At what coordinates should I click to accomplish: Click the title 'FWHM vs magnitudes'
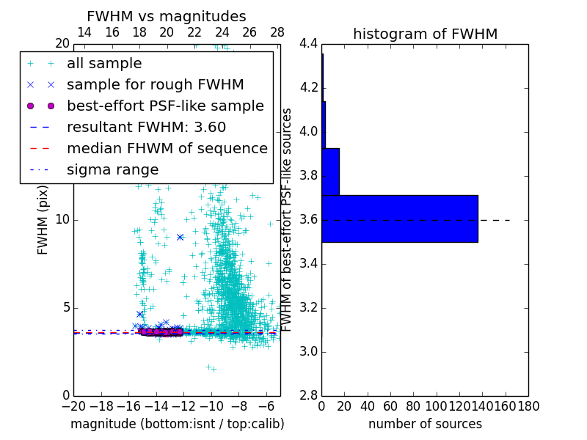pyautogui.click(x=166, y=16)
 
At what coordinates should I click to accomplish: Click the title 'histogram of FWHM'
pyautogui.click(x=425, y=34)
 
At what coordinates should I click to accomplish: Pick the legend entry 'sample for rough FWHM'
pyautogui.click(x=155, y=85)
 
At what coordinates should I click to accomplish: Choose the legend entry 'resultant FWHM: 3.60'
pyautogui.click(x=146, y=128)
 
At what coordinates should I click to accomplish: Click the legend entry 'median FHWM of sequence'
pyautogui.click(x=167, y=149)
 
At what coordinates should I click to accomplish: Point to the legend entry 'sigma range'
pyautogui.click(x=112, y=170)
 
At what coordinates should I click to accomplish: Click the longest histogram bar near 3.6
pyautogui.click(x=399, y=219)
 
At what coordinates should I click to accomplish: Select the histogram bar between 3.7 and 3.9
pyautogui.click(x=330, y=172)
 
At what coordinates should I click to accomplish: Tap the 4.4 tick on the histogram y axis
pyautogui.click(x=309, y=44)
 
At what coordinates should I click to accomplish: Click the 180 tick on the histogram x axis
pyautogui.click(x=528, y=406)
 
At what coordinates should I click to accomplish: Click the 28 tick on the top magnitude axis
pyautogui.click(x=277, y=32)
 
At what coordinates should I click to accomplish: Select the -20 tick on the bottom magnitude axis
pyautogui.click(x=73, y=406)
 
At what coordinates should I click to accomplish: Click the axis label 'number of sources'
pyautogui.click(x=425, y=424)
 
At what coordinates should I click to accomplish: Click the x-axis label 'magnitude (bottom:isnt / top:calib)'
pyautogui.click(x=177, y=424)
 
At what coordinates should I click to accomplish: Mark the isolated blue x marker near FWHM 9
pyautogui.click(x=180, y=237)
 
